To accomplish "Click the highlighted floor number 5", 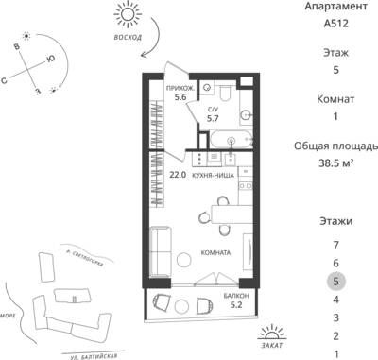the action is [336, 281].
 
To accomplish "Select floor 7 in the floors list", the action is [336, 245].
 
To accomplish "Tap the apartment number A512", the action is [336, 24].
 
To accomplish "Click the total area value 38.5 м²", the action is [335, 163].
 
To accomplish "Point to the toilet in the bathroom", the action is [225, 92].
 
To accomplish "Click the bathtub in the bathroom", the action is [232, 140].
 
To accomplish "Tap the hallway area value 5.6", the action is [180, 97].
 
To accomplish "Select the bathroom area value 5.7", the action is [213, 118].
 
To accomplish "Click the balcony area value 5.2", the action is [236, 304].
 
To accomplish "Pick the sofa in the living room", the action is [161, 252].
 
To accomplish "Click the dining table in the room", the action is [232, 214].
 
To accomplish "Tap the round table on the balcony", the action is [181, 305].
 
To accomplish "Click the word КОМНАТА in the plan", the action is [215, 253].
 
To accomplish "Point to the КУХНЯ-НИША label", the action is [214, 176].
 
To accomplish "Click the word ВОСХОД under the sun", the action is [128, 37].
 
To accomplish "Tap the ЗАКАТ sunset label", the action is [272, 345].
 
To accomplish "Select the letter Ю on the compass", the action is [50, 59].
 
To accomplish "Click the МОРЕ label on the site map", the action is [8, 316].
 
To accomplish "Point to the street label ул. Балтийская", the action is [94, 356].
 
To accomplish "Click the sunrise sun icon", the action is [128, 14].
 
